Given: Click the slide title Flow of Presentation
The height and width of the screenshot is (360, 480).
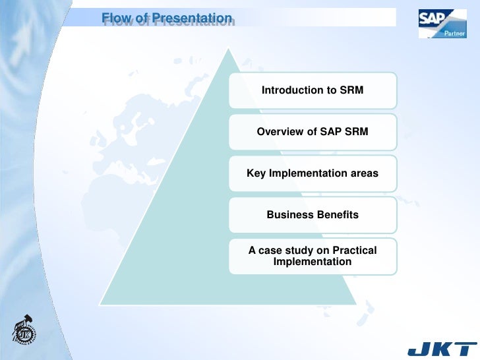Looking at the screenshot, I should click(x=167, y=18).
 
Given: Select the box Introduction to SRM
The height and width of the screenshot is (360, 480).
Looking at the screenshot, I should click(x=313, y=90).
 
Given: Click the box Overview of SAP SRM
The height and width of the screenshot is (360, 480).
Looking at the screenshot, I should click(x=313, y=132).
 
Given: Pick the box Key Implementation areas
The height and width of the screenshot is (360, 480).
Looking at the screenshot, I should click(x=313, y=173).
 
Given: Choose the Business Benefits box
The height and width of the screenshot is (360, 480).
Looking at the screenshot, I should click(x=313, y=215).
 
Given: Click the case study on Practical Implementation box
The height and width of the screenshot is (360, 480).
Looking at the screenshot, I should click(x=313, y=256).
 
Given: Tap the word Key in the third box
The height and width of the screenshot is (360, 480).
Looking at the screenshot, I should click(x=256, y=173).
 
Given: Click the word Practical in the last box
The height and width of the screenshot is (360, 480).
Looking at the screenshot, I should click(x=354, y=251).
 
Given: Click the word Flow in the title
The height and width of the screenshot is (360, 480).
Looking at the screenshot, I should click(x=115, y=18).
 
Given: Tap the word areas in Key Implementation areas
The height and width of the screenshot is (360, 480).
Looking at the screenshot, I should click(x=364, y=173).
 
